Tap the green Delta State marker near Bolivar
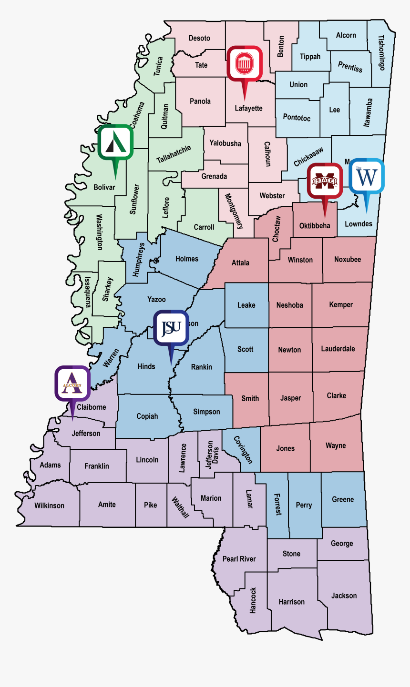pyautogui.click(x=115, y=142)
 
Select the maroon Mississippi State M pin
pyautogui.click(x=325, y=181)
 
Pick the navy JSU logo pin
pyautogui.click(x=171, y=328)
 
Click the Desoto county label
pyautogui.click(x=199, y=38)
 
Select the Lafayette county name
pyautogui.click(x=248, y=108)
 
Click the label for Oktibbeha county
pyautogui.click(x=315, y=225)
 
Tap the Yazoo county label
pyautogui.click(x=156, y=299)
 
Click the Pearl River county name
pyautogui.click(x=239, y=559)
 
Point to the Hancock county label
pyautogui.click(x=253, y=600)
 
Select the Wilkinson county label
pyautogui.click(x=49, y=505)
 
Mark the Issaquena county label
pyautogui.click(x=88, y=291)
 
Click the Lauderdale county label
pyautogui.click(x=338, y=349)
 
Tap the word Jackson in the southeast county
pyautogui.click(x=344, y=596)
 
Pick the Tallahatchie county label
pyautogui.click(x=174, y=154)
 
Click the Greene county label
pyautogui.click(x=343, y=499)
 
